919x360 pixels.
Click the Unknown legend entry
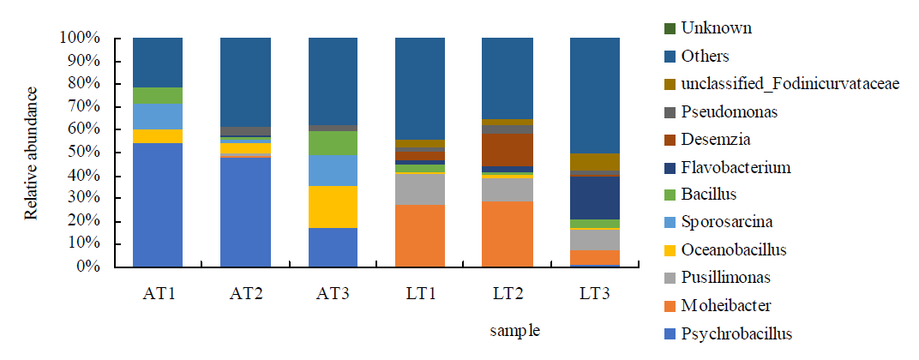[x=716, y=28]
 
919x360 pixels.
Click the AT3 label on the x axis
[x=332, y=292]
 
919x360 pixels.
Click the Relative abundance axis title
[x=32, y=153]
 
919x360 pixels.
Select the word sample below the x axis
[x=514, y=330]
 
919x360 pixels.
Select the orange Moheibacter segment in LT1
[x=419, y=236]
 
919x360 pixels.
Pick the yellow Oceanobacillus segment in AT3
[x=332, y=207]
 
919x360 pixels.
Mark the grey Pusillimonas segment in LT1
[x=419, y=189]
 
